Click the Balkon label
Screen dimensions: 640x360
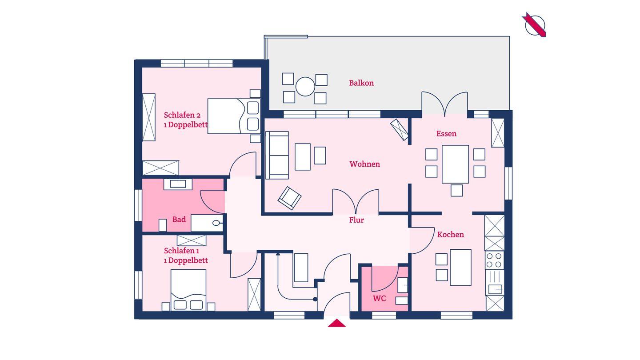[x=361, y=83]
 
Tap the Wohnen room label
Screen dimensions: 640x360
[x=364, y=164]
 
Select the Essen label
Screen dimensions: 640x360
[x=446, y=134]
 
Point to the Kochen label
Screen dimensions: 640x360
[x=451, y=235]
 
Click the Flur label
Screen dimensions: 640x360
[x=356, y=220]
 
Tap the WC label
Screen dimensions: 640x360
[x=380, y=299]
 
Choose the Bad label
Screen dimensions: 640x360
[x=179, y=220]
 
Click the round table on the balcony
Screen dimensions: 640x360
[x=305, y=87]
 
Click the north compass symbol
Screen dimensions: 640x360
[x=535, y=25]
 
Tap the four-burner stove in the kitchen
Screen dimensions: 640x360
[x=495, y=260]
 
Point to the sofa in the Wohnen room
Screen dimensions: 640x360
[x=277, y=155]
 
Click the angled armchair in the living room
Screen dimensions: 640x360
[x=289, y=198]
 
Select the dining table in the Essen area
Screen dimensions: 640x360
[x=455, y=164]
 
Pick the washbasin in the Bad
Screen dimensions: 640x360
[x=178, y=184]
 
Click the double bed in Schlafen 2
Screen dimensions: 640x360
[x=234, y=116]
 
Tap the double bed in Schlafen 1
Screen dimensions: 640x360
[x=188, y=290]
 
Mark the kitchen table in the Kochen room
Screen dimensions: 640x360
[x=460, y=268]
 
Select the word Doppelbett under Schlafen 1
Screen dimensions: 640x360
[x=188, y=260]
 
